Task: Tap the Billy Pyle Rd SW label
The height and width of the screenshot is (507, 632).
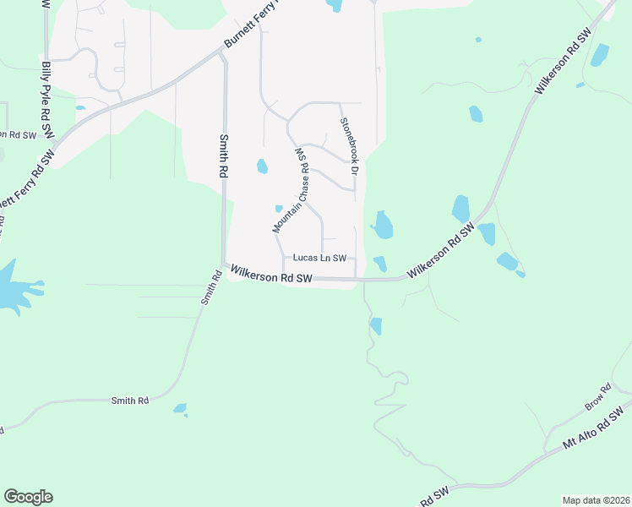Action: click(46, 99)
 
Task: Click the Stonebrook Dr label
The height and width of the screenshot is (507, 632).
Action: click(347, 146)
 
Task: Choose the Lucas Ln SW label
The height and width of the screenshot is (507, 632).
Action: click(319, 258)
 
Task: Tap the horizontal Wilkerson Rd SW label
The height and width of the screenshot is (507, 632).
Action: click(271, 276)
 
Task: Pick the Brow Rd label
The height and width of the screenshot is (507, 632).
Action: click(598, 398)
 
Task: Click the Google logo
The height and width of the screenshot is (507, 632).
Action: click(28, 497)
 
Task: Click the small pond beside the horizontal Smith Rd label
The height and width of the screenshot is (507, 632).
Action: click(180, 409)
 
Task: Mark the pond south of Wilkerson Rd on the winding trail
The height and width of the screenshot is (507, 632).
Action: click(376, 325)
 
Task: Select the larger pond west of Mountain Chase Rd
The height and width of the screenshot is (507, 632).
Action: click(262, 166)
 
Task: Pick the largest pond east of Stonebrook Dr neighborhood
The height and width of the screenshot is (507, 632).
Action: click(383, 225)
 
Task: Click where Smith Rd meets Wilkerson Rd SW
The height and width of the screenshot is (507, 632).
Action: click(223, 265)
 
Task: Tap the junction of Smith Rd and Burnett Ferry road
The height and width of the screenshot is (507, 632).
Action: click(223, 52)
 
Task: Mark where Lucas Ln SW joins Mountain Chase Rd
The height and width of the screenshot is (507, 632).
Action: click(282, 258)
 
